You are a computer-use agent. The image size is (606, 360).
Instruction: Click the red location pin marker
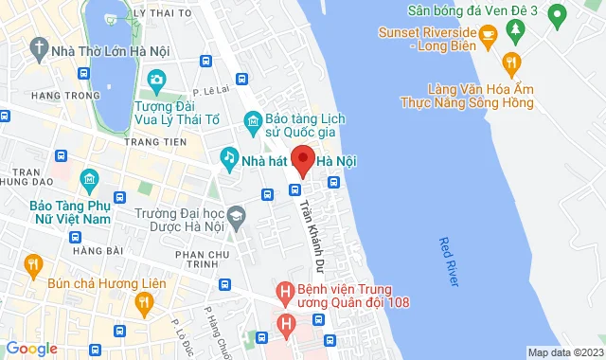(x=302, y=162)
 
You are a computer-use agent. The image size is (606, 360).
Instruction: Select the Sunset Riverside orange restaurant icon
(x=489, y=37)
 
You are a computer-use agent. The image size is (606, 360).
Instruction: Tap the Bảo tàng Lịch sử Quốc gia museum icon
(x=252, y=119)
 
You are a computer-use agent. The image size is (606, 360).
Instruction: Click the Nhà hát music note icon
(x=228, y=156)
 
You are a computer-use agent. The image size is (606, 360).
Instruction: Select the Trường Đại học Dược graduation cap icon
(x=236, y=216)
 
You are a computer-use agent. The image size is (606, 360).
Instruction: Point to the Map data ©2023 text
(x=564, y=352)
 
